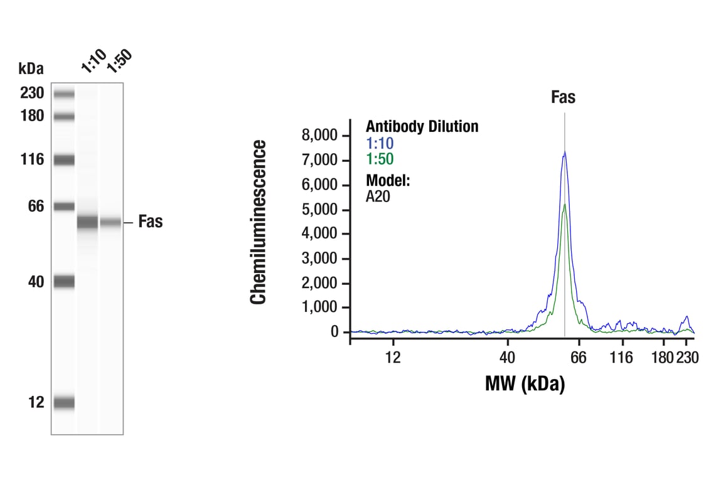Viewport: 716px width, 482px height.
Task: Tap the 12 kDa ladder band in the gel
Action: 64,403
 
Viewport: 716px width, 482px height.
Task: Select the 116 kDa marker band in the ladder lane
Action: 64,160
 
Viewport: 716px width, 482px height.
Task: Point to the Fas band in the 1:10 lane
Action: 88,222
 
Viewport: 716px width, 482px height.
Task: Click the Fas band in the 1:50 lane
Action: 111,222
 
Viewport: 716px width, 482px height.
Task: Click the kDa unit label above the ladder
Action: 31,68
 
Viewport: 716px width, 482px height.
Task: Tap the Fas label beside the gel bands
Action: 150,222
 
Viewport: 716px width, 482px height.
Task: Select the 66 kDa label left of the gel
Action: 35,206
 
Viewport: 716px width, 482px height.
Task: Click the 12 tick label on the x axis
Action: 393,358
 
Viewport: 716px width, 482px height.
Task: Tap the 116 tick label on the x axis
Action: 621,358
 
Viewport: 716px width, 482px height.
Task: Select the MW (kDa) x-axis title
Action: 525,383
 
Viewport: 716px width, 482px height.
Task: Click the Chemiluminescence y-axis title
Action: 259,223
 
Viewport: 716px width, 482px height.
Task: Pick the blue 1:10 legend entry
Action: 380,144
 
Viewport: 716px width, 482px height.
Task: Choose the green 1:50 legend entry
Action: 380,159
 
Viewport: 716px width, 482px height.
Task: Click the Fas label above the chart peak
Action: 563,97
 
